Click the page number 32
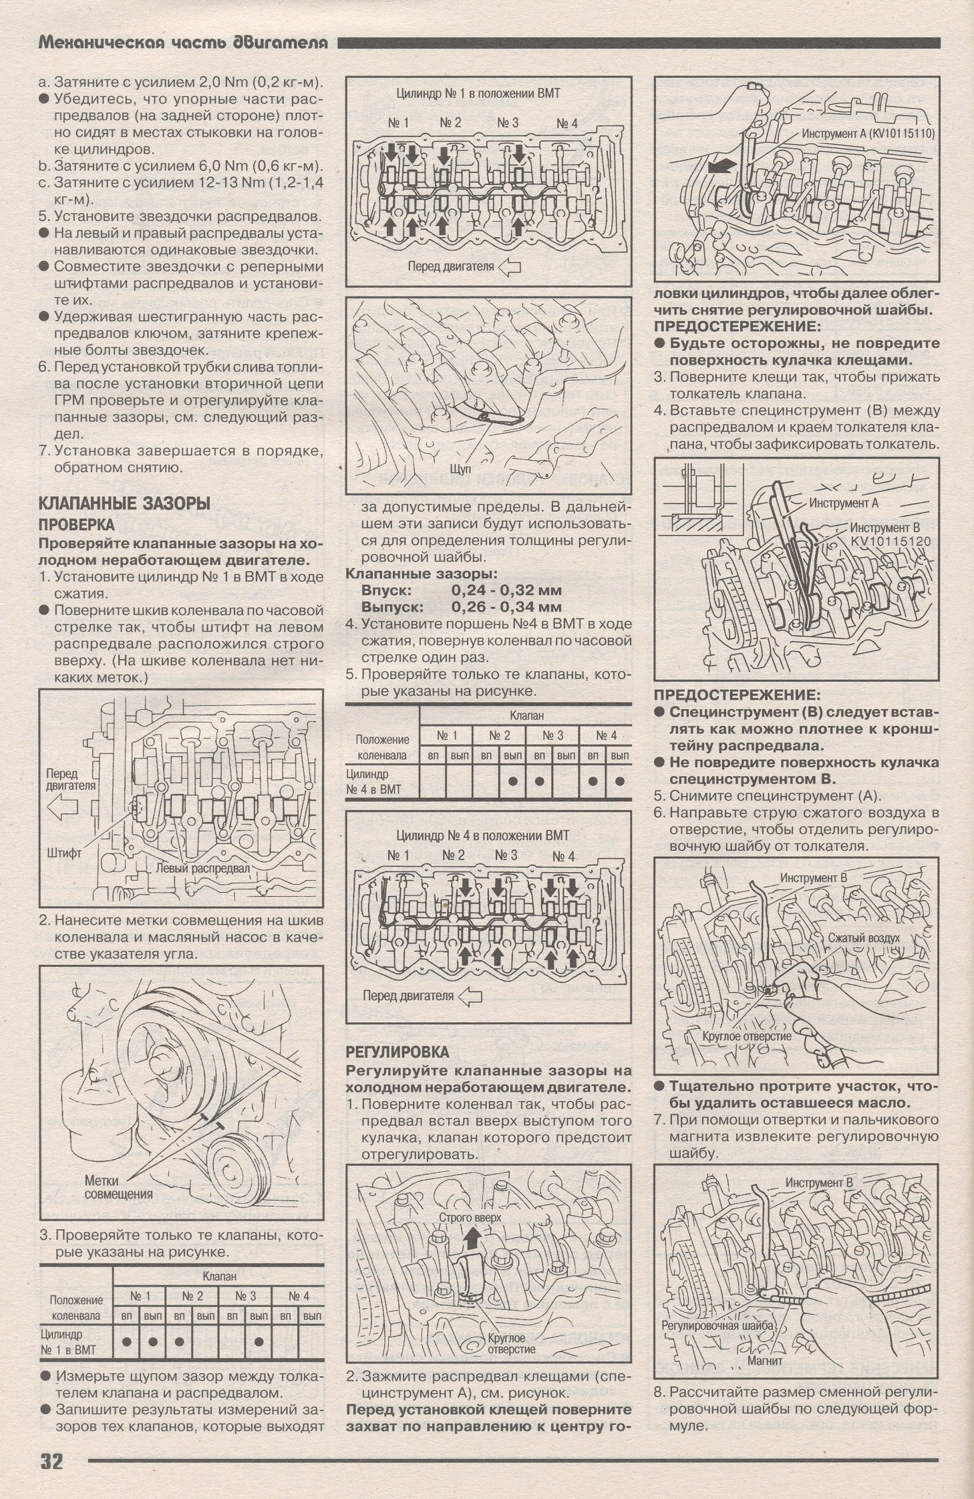tap(51, 1461)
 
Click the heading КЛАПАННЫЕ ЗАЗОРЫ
tap(124, 503)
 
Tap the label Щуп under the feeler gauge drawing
tap(461, 469)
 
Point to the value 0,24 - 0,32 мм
tap(506, 590)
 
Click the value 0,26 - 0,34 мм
tap(506, 607)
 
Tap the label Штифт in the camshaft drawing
tap(65, 853)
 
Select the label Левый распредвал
tap(202, 869)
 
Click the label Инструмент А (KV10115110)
tap(868, 134)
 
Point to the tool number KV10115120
tap(890, 542)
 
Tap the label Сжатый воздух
tap(864, 937)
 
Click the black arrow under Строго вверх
tap(472, 1241)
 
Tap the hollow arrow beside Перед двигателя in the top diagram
tap(510, 267)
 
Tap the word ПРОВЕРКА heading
tap(77, 525)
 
